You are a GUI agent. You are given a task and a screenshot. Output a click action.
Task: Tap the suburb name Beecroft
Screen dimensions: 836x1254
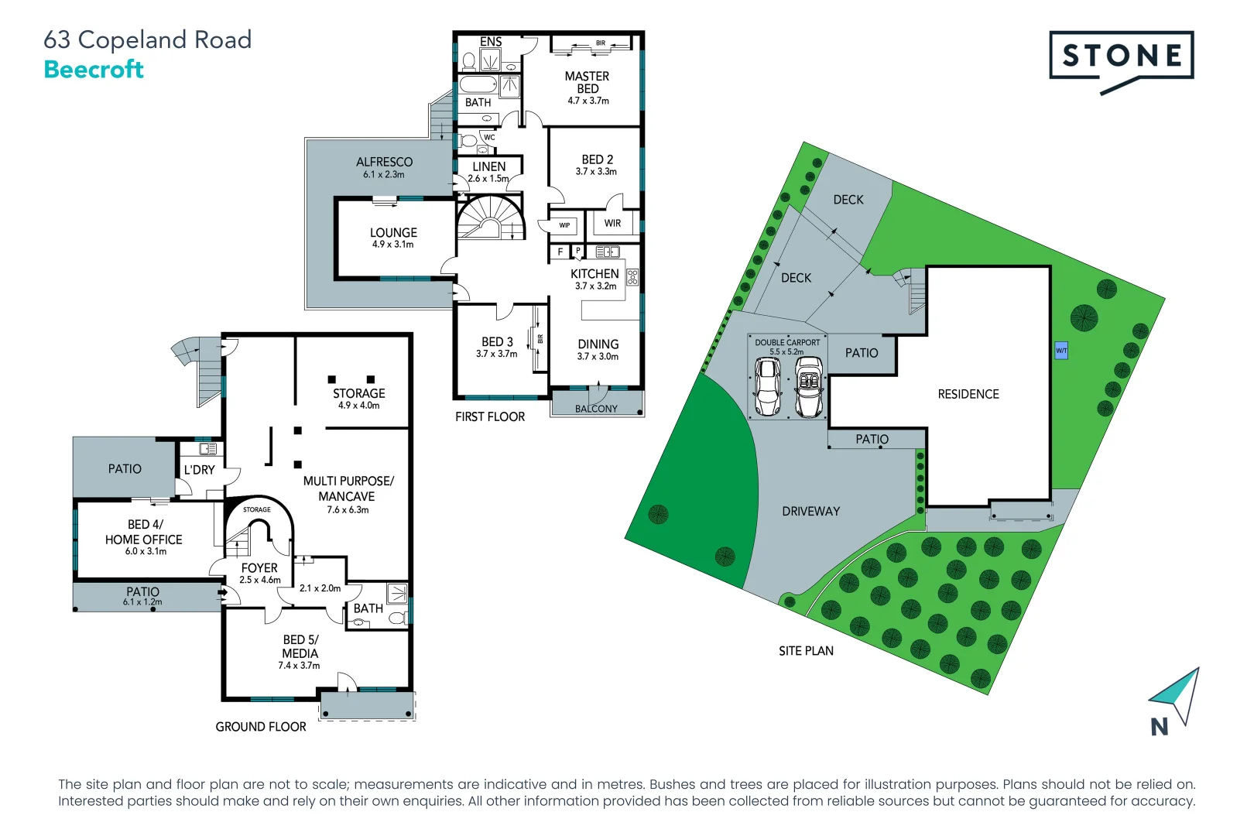pos(94,70)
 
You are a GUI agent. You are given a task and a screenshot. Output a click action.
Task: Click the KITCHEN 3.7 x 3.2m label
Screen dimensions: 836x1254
pos(594,279)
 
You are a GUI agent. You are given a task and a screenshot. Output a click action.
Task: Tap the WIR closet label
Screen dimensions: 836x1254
pos(612,223)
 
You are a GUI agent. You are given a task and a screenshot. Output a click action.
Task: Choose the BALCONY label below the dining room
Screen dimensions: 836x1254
pos(596,408)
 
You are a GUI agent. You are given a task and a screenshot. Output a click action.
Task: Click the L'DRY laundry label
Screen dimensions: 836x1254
pos(199,470)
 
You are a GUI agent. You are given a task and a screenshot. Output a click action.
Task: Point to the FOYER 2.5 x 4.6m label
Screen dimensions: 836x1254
pos(259,573)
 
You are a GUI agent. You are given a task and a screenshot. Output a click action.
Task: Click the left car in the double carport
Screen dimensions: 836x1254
pos(768,386)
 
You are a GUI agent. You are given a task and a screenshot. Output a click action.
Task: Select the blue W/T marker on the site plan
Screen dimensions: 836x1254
pos(1060,351)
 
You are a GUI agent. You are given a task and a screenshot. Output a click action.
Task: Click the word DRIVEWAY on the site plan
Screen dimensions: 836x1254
pos(810,511)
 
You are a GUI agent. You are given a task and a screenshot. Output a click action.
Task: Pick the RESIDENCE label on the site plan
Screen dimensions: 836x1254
pos(968,394)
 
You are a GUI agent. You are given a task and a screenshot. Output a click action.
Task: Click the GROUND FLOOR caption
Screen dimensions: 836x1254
pos(260,726)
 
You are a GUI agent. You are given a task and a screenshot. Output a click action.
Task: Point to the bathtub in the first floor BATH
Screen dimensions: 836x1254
pos(478,84)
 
